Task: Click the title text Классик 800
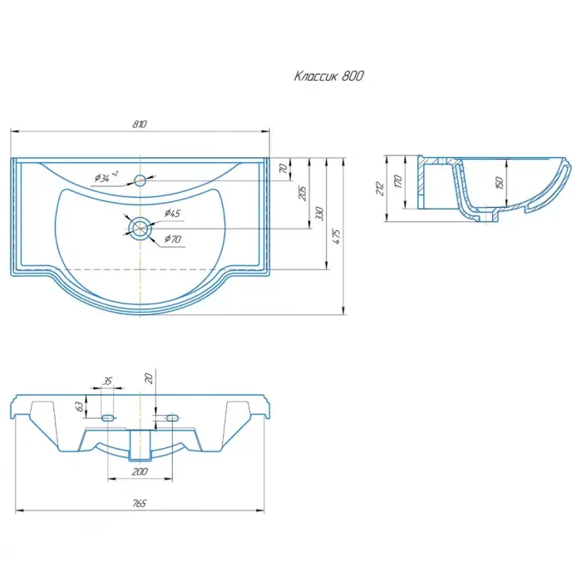(x=329, y=76)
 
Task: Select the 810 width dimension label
(x=140, y=124)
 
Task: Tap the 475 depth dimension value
(x=336, y=236)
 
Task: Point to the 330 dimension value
(x=319, y=214)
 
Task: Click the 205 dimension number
(x=303, y=194)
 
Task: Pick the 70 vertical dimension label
(x=284, y=169)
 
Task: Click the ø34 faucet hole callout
(x=106, y=177)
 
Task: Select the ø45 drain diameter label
(x=172, y=213)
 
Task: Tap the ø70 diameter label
(x=173, y=239)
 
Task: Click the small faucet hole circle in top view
(x=140, y=180)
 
